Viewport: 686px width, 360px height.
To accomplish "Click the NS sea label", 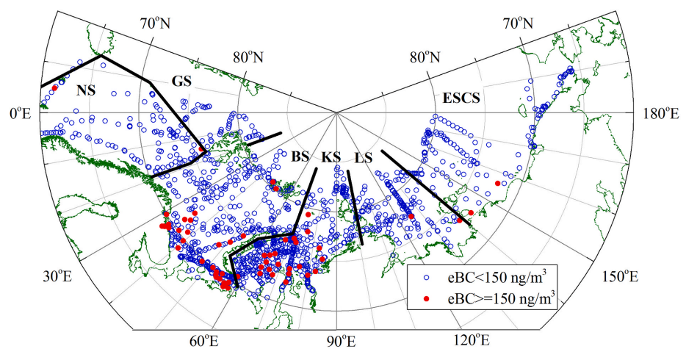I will (87, 90).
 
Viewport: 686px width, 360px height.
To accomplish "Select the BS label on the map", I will (300, 156).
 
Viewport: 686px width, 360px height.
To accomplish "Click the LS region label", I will (364, 157).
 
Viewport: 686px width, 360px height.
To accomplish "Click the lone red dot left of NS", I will (55, 88).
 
